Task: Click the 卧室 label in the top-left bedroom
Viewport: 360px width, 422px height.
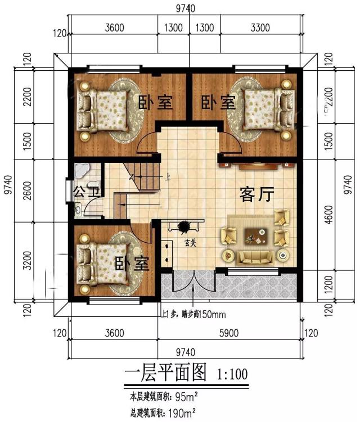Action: coord(155,103)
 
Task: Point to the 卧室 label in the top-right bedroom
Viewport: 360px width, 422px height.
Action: coord(218,103)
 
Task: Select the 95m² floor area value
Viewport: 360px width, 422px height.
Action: coord(186,397)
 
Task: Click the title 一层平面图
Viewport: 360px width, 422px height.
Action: coord(164,373)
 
